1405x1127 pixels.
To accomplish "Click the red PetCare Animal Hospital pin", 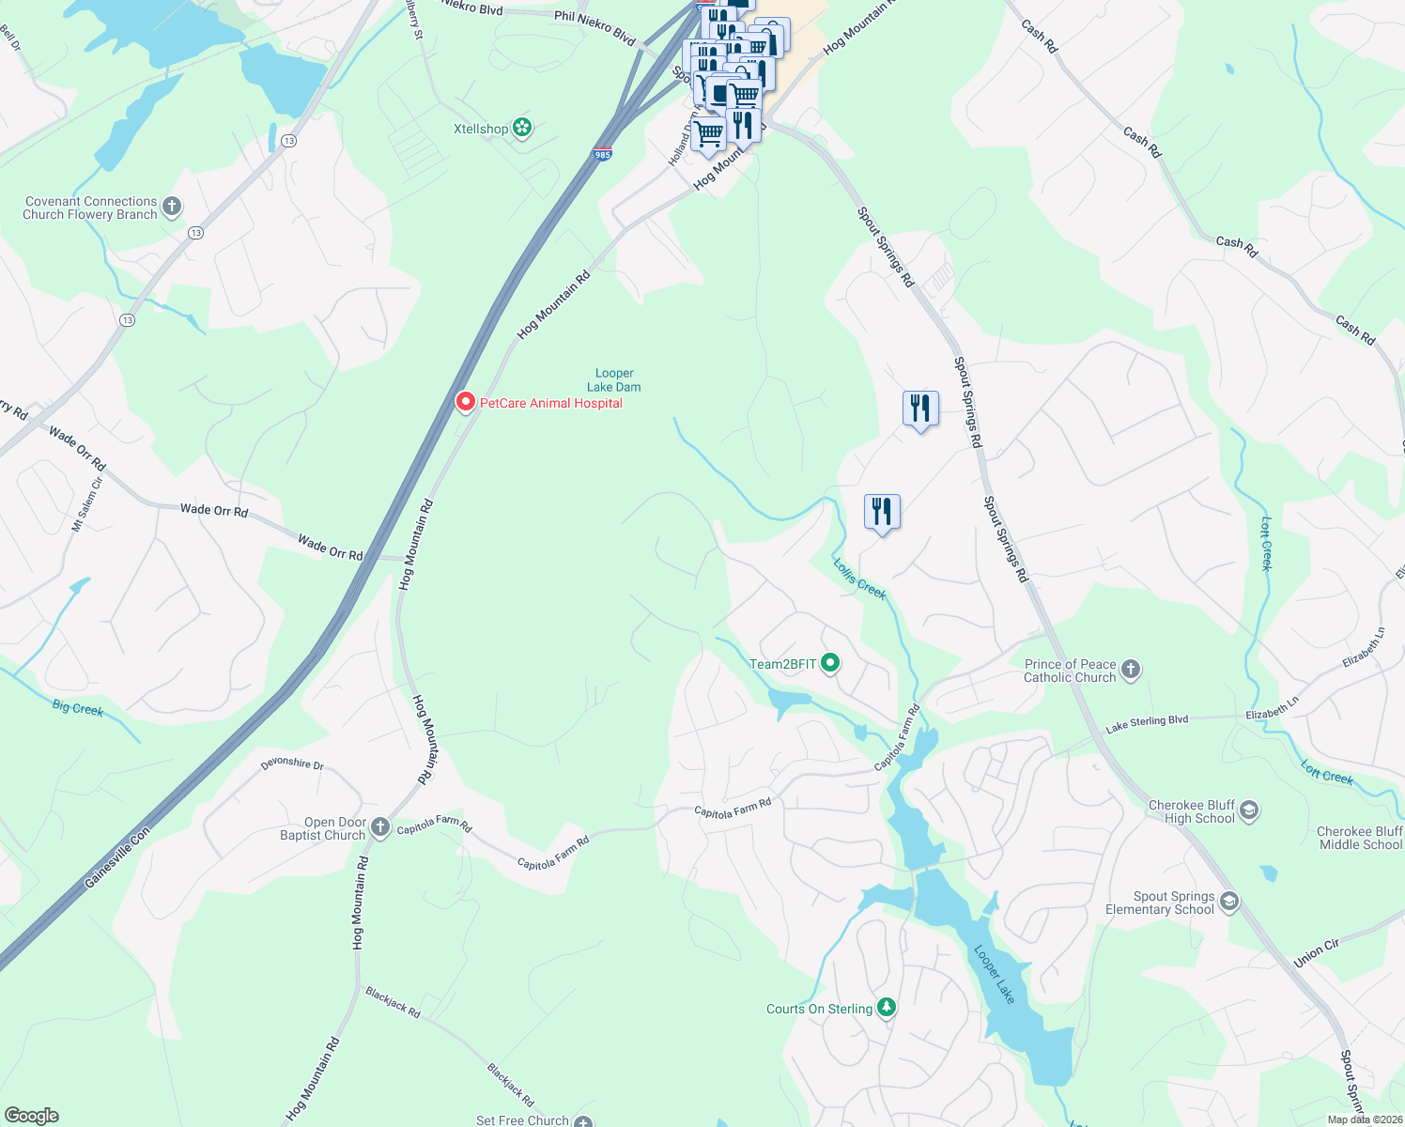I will click(x=465, y=402).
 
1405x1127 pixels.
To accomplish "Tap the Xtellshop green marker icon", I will click(x=522, y=129).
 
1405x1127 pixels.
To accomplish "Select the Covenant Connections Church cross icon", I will click(x=171, y=207).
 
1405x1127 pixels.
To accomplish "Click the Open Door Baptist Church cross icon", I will click(x=380, y=827).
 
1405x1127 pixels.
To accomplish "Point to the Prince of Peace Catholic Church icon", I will click(x=1131, y=670).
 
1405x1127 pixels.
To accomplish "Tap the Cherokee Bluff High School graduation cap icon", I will click(x=1248, y=811).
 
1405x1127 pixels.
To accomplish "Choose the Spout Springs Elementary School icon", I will click(x=1228, y=903).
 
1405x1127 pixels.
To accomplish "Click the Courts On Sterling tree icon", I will click(x=886, y=1008).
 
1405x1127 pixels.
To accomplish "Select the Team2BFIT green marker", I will click(x=830, y=664).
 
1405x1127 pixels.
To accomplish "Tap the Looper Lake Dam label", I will click(x=614, y=380).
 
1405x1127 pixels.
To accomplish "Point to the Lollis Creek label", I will click(x=859, y=579).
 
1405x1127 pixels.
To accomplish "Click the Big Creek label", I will click(x=78, y=708).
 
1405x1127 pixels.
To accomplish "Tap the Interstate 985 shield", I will click(x=603, y=152).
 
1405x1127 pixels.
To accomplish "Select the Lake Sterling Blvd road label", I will click(x=1147, y=723).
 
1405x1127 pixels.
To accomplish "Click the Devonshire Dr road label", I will click(x=292, y=764).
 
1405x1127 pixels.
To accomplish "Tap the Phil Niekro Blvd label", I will click(x=594, y=28).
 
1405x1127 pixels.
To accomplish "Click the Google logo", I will click(x=32, y=1115).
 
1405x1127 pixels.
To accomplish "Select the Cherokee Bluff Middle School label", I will click(x=1360, y=838).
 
